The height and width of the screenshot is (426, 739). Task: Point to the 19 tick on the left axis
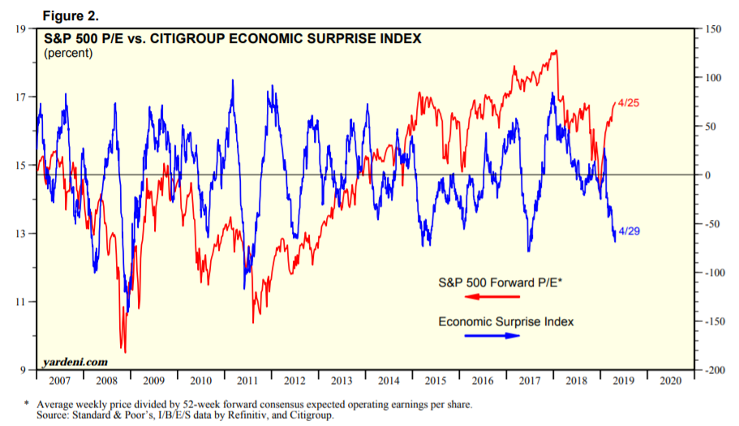coord(21,29)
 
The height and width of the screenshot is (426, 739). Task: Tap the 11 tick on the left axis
coord(21,302)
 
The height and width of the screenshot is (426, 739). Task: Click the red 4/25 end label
coord(629,103)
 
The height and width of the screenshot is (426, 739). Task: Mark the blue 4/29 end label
coord(629,232)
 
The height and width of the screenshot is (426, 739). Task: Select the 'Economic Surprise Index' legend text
coord(505,322)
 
